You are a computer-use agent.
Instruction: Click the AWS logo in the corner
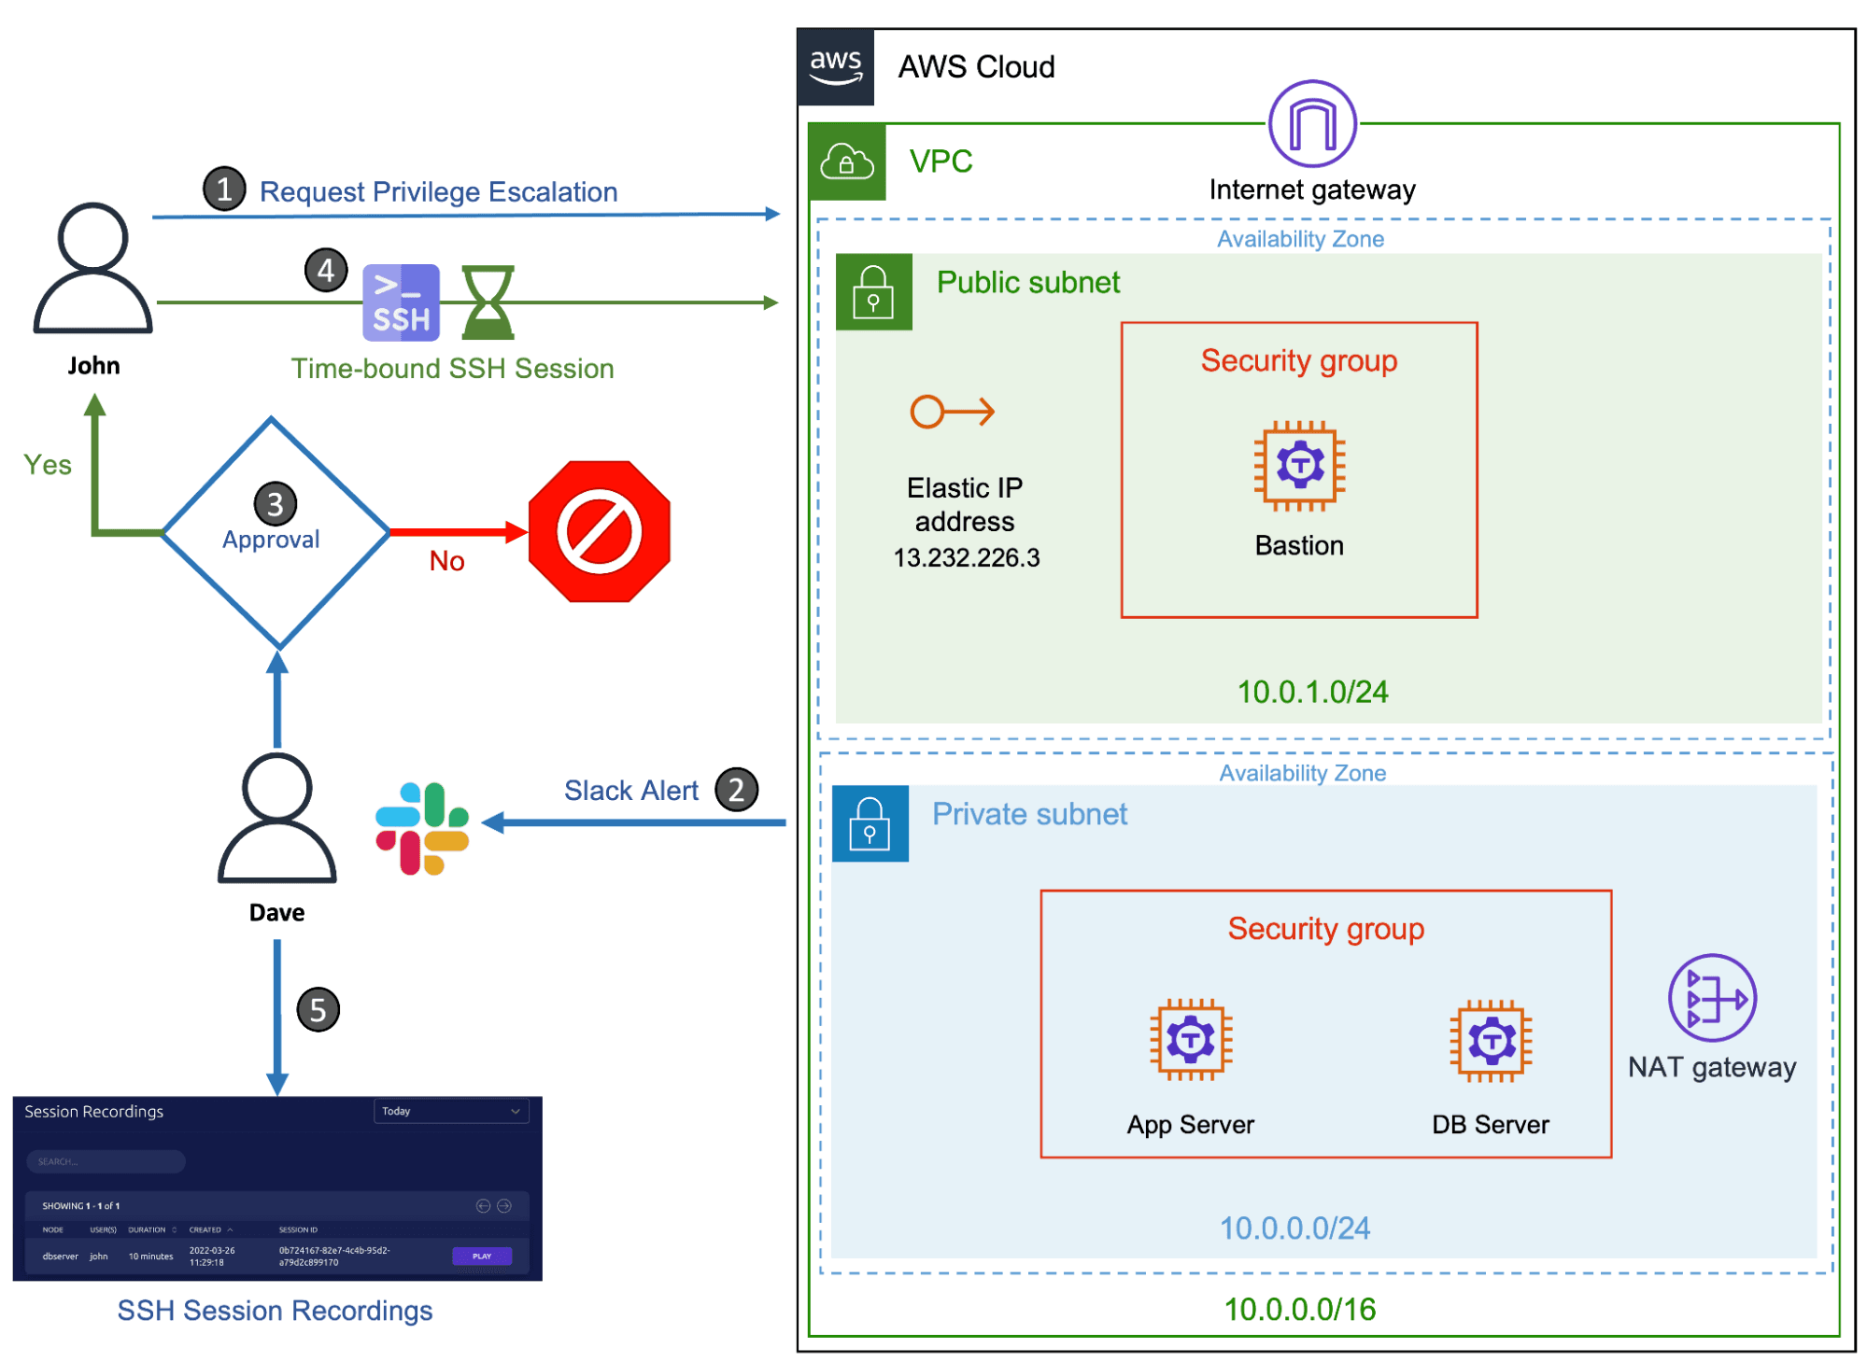pos(835,66)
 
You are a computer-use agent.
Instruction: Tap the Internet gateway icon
pos(1311,124)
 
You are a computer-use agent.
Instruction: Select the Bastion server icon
pos(1298,465)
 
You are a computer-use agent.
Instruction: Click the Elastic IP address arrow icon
pos(952,412)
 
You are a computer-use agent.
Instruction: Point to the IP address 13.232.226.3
pos(966,557)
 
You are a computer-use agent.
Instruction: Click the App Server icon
pos(1190,1039)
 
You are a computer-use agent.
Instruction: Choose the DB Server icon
pos(1491,1040)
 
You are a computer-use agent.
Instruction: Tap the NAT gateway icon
pos(1711,998)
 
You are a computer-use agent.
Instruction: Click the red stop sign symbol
pos(599,531)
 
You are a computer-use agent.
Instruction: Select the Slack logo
pos(422,828)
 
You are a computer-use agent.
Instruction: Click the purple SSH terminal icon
pos(401,302)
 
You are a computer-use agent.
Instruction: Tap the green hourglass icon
pos(488,302)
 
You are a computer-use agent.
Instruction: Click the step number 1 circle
pos(224,190)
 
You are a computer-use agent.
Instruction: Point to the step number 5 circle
pos(318,1009)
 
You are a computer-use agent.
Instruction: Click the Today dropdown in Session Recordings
pos(450,1111)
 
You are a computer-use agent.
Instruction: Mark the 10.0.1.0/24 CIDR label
pos(1311,692)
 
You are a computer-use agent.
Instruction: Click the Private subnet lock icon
pos(870,822)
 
